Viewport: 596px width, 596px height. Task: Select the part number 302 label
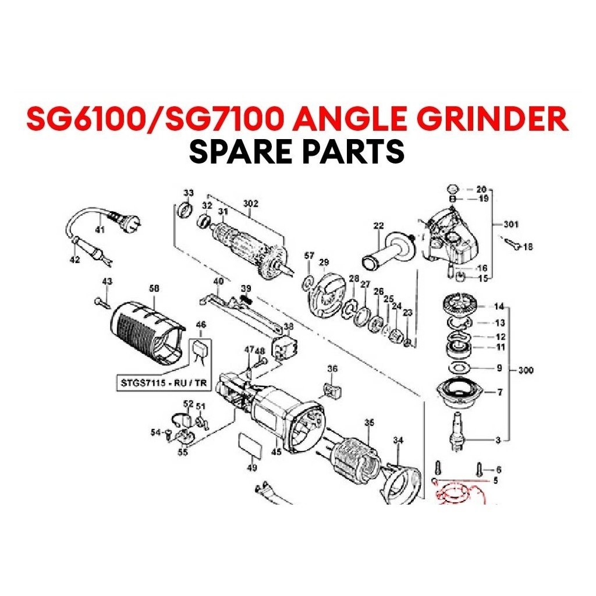251,204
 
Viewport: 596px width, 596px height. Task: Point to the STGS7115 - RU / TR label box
155,383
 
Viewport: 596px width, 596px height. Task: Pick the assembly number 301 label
511,224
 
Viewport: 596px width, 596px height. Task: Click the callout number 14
499,306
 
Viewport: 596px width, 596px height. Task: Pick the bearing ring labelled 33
185,209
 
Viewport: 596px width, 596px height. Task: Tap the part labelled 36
331,389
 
